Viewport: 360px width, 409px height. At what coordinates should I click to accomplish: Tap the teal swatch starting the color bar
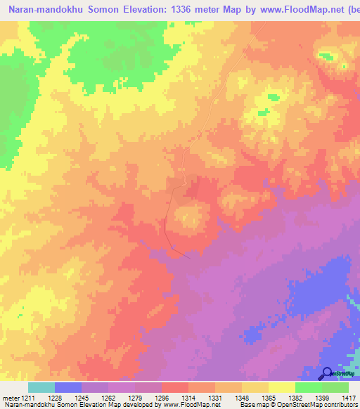[41, 387]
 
